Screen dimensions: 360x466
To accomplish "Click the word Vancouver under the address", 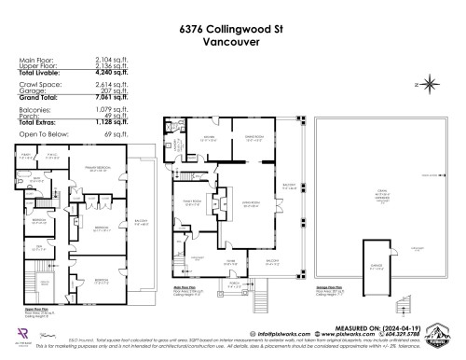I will (232, 42).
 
